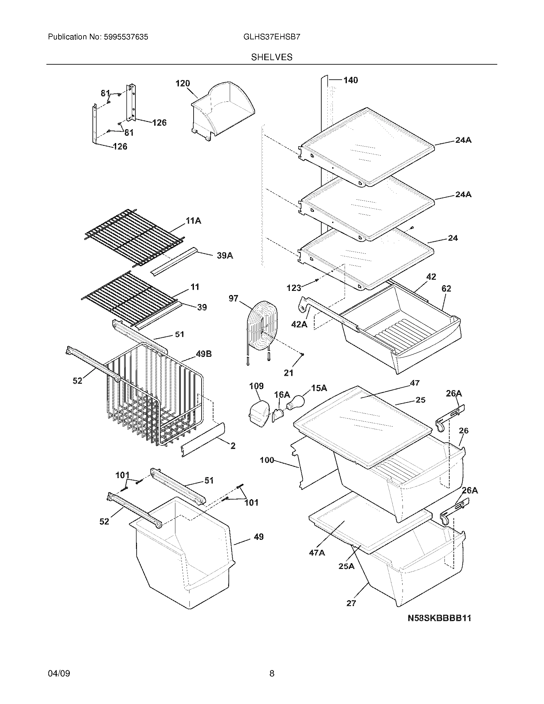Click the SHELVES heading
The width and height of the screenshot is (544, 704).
coord(272,57)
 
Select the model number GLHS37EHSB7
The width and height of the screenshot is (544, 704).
coord(272,37)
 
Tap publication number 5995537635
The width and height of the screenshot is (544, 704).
coord(98,37)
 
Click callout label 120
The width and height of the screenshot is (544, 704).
coord(182,84)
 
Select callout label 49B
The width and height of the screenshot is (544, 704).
coord(204,354)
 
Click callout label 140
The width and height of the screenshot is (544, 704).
coord(350,80)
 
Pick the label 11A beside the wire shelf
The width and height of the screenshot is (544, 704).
coord(193,221)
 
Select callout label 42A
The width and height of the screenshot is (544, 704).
coord(299,324)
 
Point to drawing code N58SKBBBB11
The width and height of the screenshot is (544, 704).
coord(439,618)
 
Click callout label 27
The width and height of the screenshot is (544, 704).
coord(351,603)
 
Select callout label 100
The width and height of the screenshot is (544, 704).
coord(267,460)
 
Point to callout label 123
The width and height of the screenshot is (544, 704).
coord(293,288)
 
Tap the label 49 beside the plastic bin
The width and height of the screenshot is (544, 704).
coord(259,537)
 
